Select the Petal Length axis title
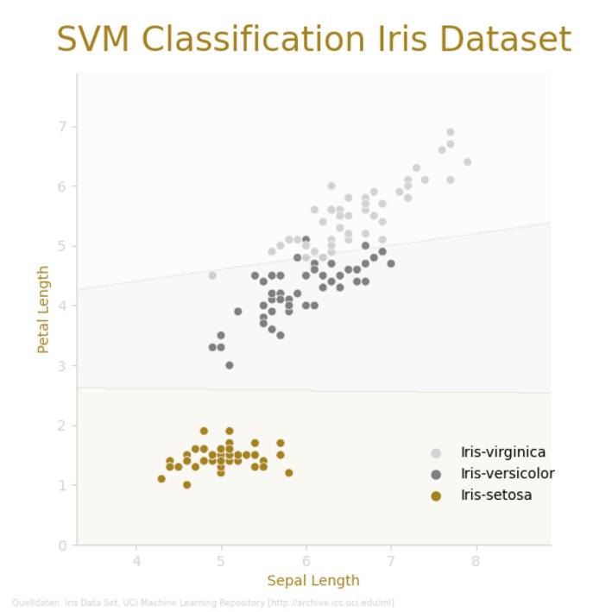(x=43, y=309)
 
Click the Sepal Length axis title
(x=313, y=580)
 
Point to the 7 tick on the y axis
(x=63, y=127)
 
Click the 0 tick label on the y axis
(x=63, y=546)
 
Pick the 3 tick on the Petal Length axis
(x=63, y=366)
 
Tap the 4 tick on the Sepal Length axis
(x=136, y=561)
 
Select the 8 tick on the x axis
(x=476, y=561)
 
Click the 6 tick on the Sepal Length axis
(x=306, y=561)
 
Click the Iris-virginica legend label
(x=502, y=452)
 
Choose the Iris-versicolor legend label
(x=508, y=474)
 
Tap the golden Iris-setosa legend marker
(x=436, y=495)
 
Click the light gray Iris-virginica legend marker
(x=436, y=452)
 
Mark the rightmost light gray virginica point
(x=467, y=162)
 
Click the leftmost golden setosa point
(x=161, y=478)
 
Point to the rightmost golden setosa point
(x=288, y=473)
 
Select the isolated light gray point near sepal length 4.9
(x=212, y=275)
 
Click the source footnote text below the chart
(x=204, y=603)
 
